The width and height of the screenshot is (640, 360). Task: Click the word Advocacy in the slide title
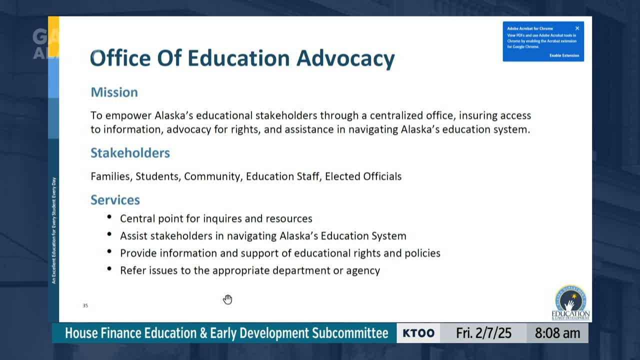tap(345, 58)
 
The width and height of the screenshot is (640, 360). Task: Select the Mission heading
tap(114, 92)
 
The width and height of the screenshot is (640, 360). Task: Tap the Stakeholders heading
tap(130, 153)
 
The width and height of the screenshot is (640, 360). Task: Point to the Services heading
tap(115, 200)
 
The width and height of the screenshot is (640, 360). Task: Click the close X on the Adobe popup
tap(577, 28)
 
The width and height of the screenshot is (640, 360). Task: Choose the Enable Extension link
tap(564, 55)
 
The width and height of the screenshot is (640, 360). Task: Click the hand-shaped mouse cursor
tap(227, 299)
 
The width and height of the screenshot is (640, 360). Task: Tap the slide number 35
tap(85, 305)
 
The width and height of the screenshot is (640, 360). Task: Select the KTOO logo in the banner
tap(418, 333)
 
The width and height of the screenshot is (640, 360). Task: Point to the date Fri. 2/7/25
tap(483, 333)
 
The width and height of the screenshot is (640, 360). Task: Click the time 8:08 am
tap(557, 333)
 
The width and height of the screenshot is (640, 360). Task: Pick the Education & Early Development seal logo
tap(570, 303)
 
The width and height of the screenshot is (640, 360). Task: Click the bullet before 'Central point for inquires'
tap(109, 217)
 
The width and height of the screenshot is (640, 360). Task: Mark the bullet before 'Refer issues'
tap(109, 269)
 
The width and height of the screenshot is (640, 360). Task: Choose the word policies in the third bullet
tap(422, 253)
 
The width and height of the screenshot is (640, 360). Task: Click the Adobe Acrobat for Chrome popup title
tap(530, 28)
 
